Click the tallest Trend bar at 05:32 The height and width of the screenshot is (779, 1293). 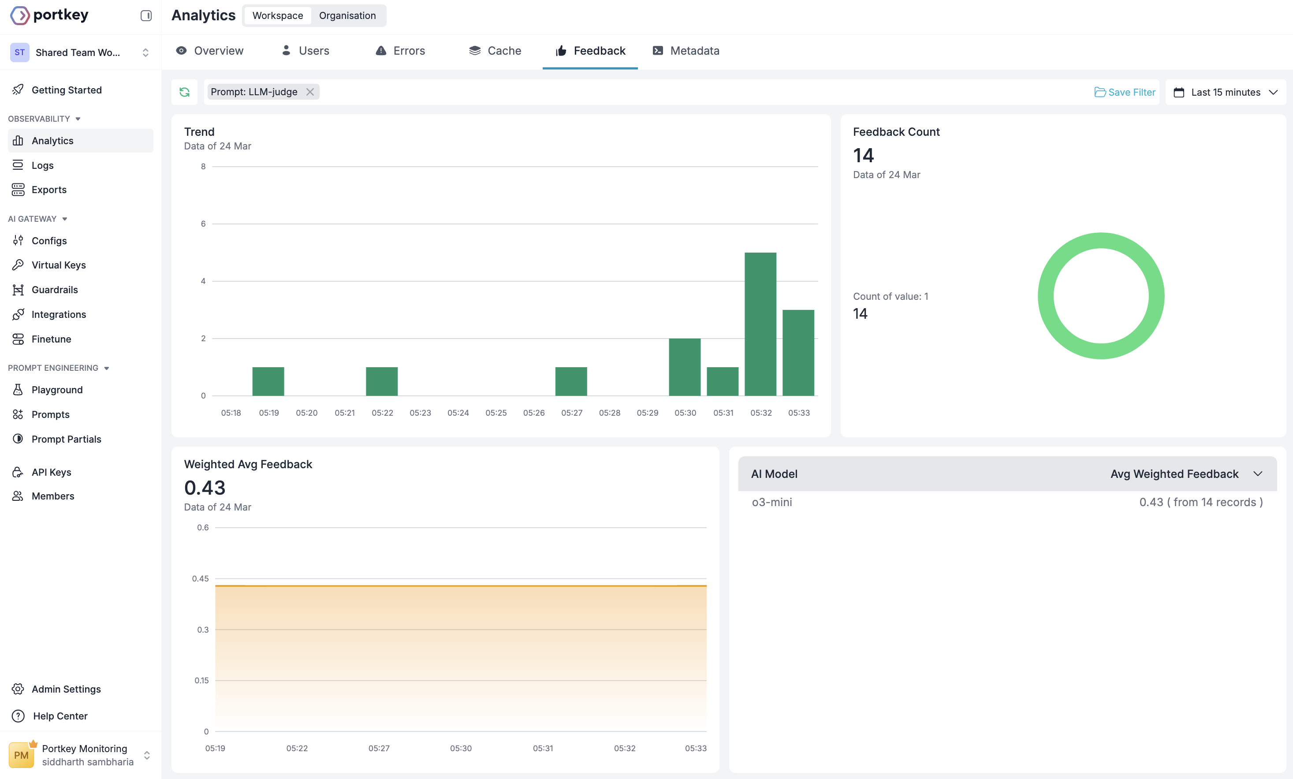[760, 324]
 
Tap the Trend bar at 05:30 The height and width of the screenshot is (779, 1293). [685, 367]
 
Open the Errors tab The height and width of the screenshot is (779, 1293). [400, 51]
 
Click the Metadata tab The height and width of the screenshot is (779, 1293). [686, 51]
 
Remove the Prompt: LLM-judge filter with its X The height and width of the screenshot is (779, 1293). [310, 92]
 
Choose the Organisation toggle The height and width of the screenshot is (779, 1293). [347, 16]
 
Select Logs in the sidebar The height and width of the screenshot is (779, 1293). [42, 165]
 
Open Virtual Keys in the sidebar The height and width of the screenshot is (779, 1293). [59, 265]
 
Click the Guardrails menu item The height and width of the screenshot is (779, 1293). [55, 290]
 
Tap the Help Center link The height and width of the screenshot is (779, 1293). [60, 716]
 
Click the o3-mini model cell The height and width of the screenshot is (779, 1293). [772, 503]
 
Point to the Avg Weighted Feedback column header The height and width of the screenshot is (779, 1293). [1174, 474]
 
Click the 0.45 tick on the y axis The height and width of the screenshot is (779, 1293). [200, 578]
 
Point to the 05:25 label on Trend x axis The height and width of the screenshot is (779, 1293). [496, 413]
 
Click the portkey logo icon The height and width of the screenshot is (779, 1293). [20, 16]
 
